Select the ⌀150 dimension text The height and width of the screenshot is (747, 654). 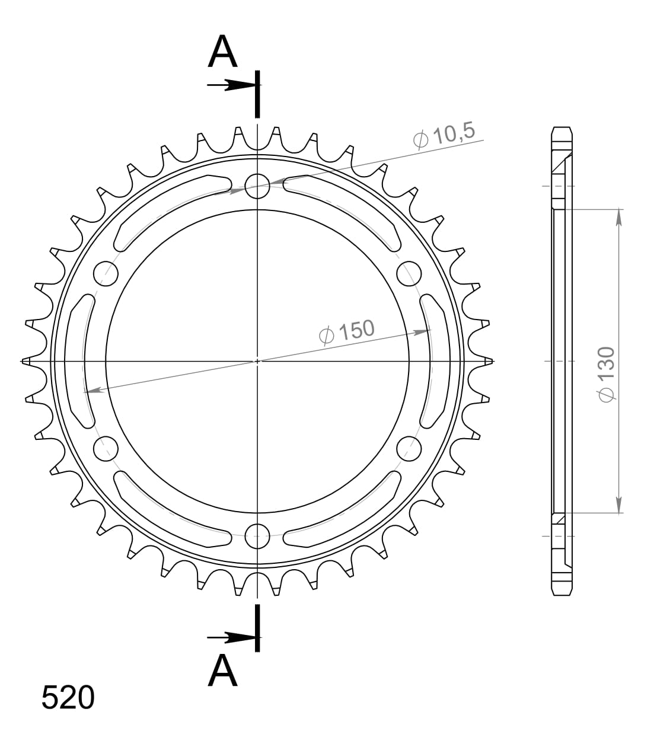click(x=347, y=332)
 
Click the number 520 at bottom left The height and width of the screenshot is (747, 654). click(x=68, y=698)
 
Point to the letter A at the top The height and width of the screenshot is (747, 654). click(x=222, y=52)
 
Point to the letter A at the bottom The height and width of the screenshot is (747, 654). click(x=222, y=671)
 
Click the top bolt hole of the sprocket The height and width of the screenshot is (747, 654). click(x=257, y=185)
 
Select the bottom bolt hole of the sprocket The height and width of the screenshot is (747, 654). click(x=257, y=536)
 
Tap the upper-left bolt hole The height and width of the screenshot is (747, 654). click(x=106, y=273)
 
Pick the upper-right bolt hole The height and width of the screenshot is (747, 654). click(x=409, y=273)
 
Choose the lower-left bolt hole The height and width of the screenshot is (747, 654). click(x=106, y=448)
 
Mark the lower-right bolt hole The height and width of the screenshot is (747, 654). click(x=409, y=448)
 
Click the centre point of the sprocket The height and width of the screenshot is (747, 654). click(x=257, y=360)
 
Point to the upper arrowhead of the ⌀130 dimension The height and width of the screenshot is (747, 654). click(x=619, y=217)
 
